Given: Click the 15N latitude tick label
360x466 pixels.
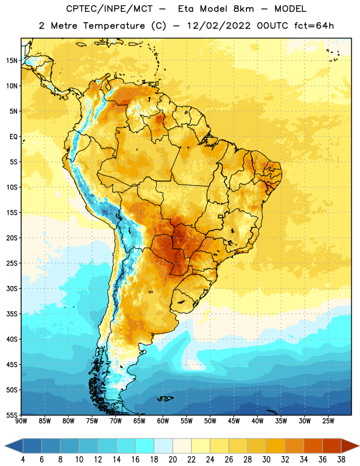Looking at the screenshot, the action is pos(12,61).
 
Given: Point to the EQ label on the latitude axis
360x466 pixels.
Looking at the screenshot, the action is pos(13,137).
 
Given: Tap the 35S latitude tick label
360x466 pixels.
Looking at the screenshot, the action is pos(12,314).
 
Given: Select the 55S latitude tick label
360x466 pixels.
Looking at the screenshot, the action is pos(12,415).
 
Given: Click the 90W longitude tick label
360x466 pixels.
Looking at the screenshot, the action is pos(21,421).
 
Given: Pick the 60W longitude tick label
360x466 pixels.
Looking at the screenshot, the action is pos(163,421).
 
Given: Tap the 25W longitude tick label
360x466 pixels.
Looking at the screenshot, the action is pos(328,421).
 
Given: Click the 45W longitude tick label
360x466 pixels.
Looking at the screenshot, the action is pos(234,421).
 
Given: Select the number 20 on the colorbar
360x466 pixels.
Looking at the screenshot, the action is pos(172,460).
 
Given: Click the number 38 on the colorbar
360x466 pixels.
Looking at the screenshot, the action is pos(341,460).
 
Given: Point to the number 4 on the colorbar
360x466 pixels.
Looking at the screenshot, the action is pos(23,460).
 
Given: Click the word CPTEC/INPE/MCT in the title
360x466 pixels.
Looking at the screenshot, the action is pos(109,9).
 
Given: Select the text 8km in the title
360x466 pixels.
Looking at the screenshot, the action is pos(243,9).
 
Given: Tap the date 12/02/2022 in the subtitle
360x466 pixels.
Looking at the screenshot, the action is pos(218,26).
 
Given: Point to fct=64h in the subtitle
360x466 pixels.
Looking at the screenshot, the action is pos(314,26).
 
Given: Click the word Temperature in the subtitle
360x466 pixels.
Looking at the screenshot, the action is pos(114,26).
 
